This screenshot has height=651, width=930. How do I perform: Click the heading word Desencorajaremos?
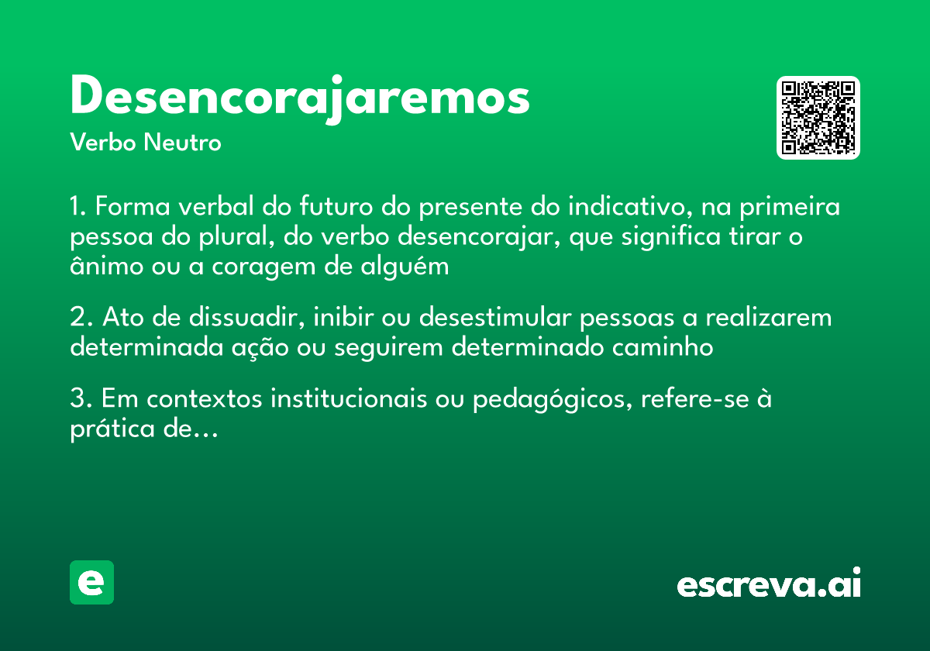point(300,98)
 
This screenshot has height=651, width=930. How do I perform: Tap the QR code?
point(818,118)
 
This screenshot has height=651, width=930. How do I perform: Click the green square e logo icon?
point(91,582)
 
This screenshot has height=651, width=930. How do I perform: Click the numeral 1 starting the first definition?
point(76,208)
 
